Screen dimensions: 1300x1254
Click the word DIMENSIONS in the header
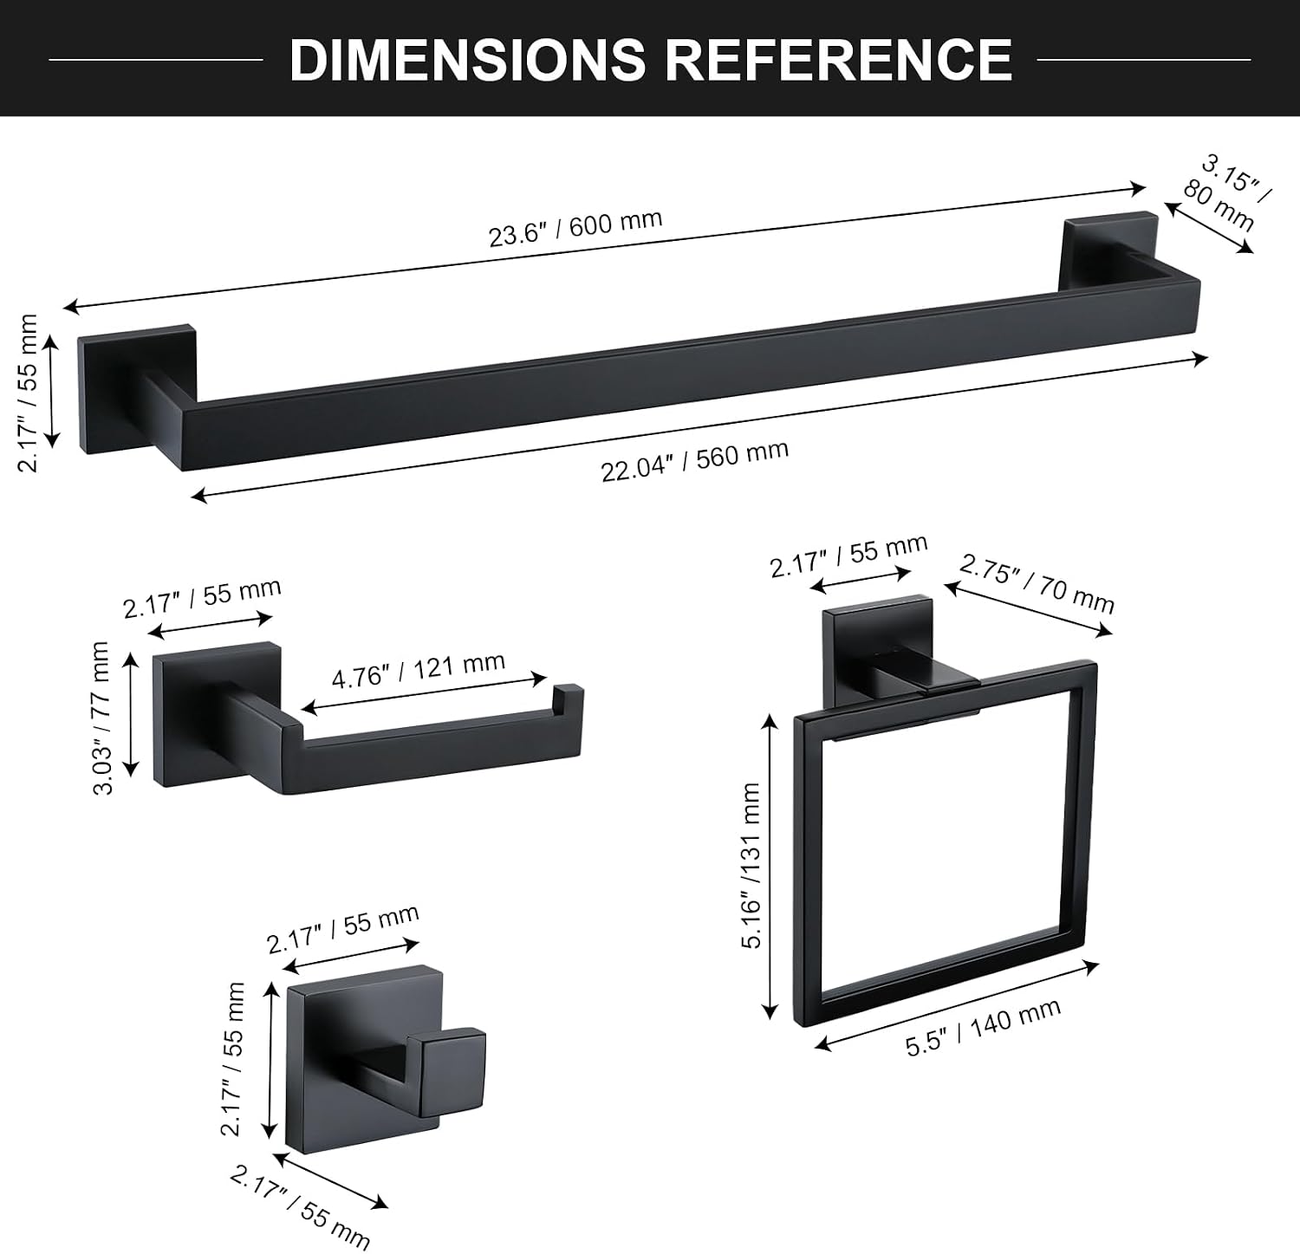467,59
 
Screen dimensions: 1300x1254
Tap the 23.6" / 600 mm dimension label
575,228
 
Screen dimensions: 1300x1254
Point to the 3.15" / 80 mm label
1225,194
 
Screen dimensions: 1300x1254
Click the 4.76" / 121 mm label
419,669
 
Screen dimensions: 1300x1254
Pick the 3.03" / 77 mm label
102,718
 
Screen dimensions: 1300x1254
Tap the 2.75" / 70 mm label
1037,584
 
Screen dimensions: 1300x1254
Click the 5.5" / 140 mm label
984,1027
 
